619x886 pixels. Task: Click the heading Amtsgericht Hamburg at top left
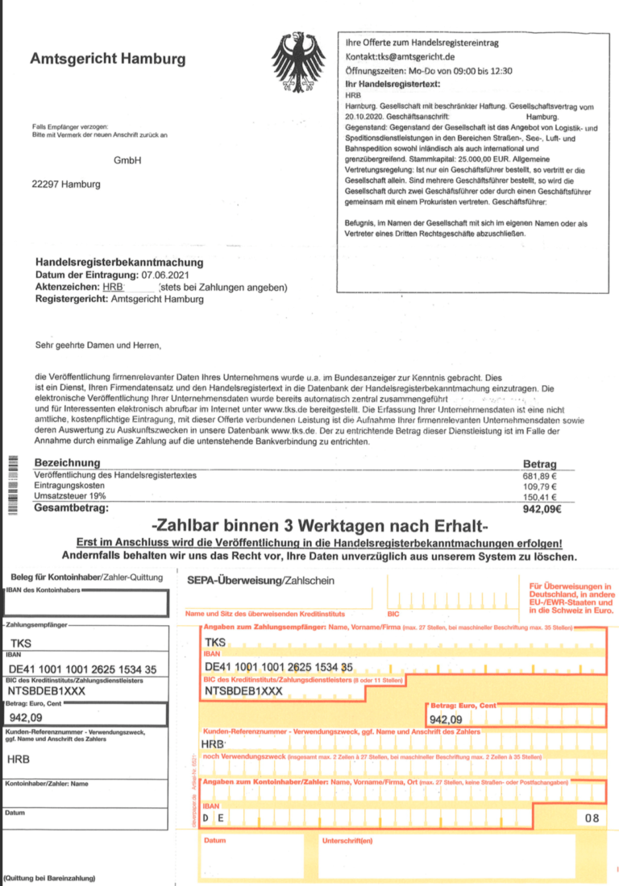click(107, 59)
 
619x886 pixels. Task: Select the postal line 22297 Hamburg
click(66, 184)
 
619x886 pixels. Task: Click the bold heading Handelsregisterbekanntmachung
click(119, 263)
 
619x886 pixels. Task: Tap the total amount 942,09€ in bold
click(542, 509)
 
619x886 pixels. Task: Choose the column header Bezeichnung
click(67, 463)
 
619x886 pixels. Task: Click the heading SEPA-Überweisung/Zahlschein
click(260, 581)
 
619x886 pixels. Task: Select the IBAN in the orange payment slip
click(279, 667)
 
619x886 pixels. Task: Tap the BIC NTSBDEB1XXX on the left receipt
click(52, 691)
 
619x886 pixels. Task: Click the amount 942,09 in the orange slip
click(446, 719)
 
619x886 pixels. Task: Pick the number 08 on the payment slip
click(592, 818)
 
